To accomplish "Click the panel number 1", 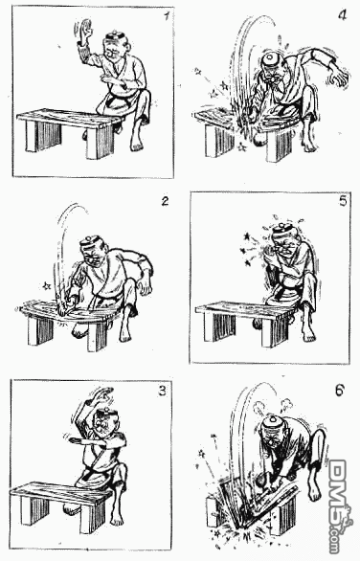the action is [x=166, y=16].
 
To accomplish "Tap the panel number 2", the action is [x=165, y=201].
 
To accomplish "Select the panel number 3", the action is [x=163, y=391].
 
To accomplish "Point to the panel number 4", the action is [x=343, y=15].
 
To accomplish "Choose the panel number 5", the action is [x=343, y=201].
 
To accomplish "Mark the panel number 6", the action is [x=340, y=390].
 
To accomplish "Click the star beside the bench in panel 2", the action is [x=46, y=286].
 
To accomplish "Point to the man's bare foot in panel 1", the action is [x=137, y=143].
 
